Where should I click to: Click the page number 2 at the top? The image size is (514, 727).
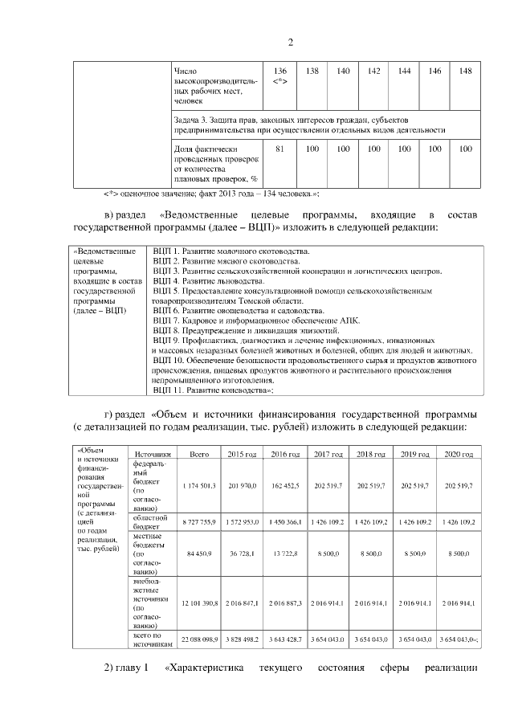click(x=291, y=42)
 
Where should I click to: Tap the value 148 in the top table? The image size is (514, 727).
click(x=465, y=71)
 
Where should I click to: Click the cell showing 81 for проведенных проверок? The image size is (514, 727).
click(x=280, y=149)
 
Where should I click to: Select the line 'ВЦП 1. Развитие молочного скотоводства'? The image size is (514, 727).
click(x=230, y=251)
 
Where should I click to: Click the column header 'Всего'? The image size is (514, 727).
click(x=198, y=455)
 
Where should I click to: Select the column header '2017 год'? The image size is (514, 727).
click(x=329, y=455)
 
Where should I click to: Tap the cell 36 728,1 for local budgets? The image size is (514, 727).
click(x=242, y=553)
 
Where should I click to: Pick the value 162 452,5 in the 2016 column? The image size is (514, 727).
click(x=285, y=486)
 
